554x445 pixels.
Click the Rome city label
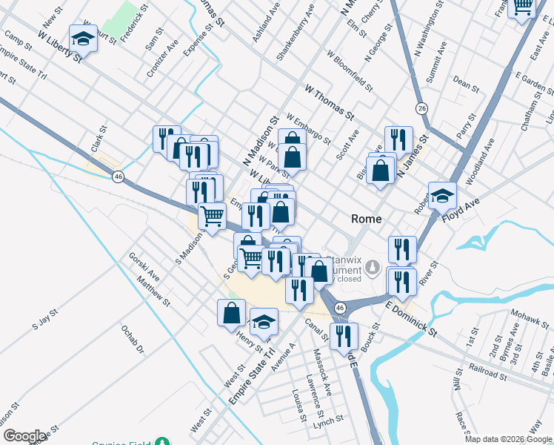pyautogui.click(x=366, y=219)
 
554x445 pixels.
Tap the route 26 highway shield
pyautogui.click(x=421, y=108)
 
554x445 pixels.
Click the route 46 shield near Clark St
pyautogui.click(x=118, y=177)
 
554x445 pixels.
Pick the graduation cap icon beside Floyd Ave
pyautogui.click(x=442, y=195)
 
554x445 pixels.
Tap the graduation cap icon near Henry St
pyautogui.click(x=264, y=322)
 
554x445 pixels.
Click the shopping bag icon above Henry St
pyautogui.click(x=231, y=312)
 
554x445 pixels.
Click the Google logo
pyautogui.click(x=24, y=436)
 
